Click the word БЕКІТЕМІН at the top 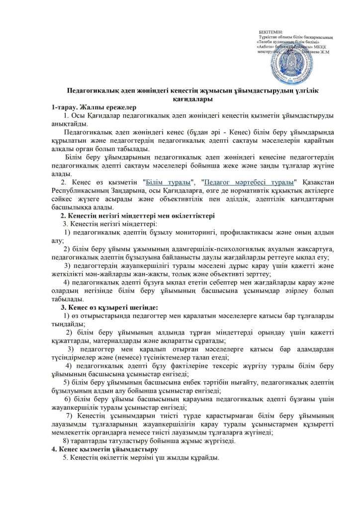pos(270,32)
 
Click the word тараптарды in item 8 pos(90,441)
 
